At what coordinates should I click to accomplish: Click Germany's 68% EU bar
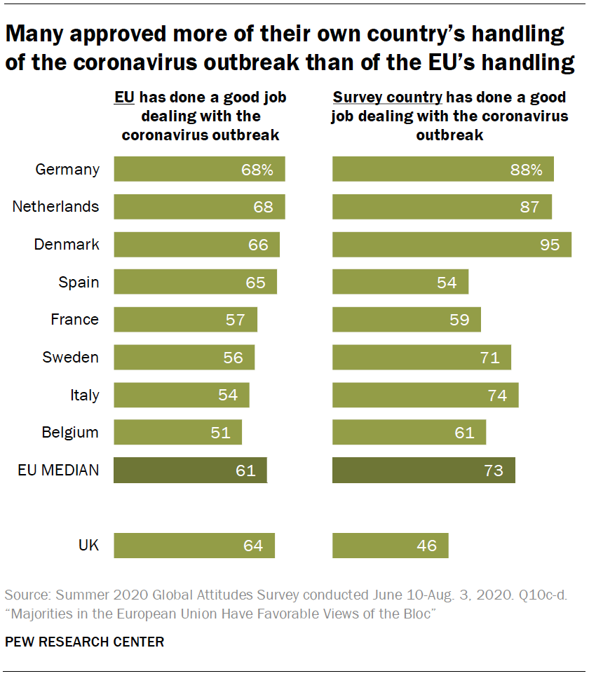pyautogui.click(x=199, y=170)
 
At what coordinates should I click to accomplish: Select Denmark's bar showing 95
pyautogui.click(x=452, y=245)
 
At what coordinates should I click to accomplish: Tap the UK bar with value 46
pyautogui.click(x=390, y=546)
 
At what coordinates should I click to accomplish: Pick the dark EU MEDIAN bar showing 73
pyautogui.click(x=424, y=471)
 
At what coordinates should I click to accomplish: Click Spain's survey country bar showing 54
pyautogui.click(x=400, y=282)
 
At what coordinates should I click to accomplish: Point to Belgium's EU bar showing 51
pyautogui.click(x=177, y=433)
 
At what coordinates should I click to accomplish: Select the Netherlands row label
pyautogui.click(x=56, y=207)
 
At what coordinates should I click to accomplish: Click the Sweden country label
pyautogui.click(x=71, y=358)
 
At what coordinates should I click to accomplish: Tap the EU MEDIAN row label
pyautogui.click(x=58, y=471)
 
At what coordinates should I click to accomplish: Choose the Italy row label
pyautogui.click(x=85, y=396)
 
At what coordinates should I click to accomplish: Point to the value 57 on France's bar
pyautogui.click(x=236, y=320)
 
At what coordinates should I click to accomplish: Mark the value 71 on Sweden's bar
pyautogui.click(x=489, y=358)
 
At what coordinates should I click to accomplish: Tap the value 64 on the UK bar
pyautogui.click(x=252, y=546)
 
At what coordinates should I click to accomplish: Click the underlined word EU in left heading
pyautogui.click(x=125, y=97)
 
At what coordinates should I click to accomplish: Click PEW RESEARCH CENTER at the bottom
pyautogui.click(x=85, y=642)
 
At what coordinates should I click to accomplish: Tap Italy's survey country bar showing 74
pyautogui.click(x=425, y=396)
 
